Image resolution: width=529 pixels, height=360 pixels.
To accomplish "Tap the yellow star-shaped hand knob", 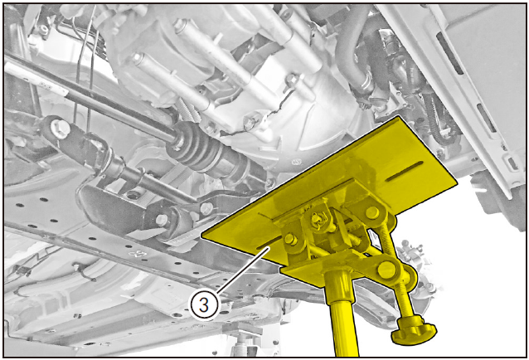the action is (414, 330).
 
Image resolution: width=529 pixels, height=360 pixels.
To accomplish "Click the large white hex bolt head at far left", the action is (60, 129).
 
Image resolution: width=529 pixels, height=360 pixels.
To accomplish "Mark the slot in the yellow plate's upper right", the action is (405, 171).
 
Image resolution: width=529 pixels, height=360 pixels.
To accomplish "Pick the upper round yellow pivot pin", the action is (372, 212).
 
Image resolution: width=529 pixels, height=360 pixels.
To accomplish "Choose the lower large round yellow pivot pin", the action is (386, 270).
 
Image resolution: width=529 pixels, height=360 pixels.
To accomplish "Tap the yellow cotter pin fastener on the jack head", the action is (319, 219).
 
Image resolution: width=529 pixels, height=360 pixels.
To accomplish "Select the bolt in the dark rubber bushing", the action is (162, 220).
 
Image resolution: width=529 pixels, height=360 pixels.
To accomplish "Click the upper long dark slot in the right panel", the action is (449, 53).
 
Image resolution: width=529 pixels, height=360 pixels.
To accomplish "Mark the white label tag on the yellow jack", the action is (375, 238).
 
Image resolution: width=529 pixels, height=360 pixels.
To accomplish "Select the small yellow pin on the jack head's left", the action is (291, 239).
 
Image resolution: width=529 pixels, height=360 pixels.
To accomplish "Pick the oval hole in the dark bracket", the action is (133, 195).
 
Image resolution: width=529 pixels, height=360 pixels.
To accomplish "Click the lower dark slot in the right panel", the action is (486, 118).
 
